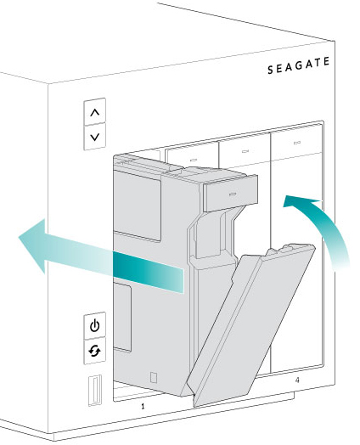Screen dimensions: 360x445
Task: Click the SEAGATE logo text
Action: pos(299,65)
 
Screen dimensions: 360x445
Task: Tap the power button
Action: pos(95,325)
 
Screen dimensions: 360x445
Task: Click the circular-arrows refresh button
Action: pos(95,351)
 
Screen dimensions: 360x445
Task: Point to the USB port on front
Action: pos(95,391)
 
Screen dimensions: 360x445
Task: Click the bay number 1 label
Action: pos(143,407)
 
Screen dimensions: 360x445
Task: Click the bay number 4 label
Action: pos(297,380)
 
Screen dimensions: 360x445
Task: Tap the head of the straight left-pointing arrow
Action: pos(31,245)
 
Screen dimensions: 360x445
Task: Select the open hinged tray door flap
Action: pos(250,324)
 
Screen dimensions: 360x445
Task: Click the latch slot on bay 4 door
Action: pos(297,143)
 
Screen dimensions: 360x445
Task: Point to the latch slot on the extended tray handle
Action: pos(233,194)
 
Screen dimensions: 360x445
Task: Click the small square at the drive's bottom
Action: pos(154,377)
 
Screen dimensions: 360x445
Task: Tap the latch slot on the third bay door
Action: pos(245,151)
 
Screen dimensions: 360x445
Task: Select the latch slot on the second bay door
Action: pos(193,160)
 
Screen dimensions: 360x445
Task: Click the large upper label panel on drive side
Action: pos(138,206)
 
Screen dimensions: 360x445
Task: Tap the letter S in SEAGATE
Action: pos(270,70)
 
